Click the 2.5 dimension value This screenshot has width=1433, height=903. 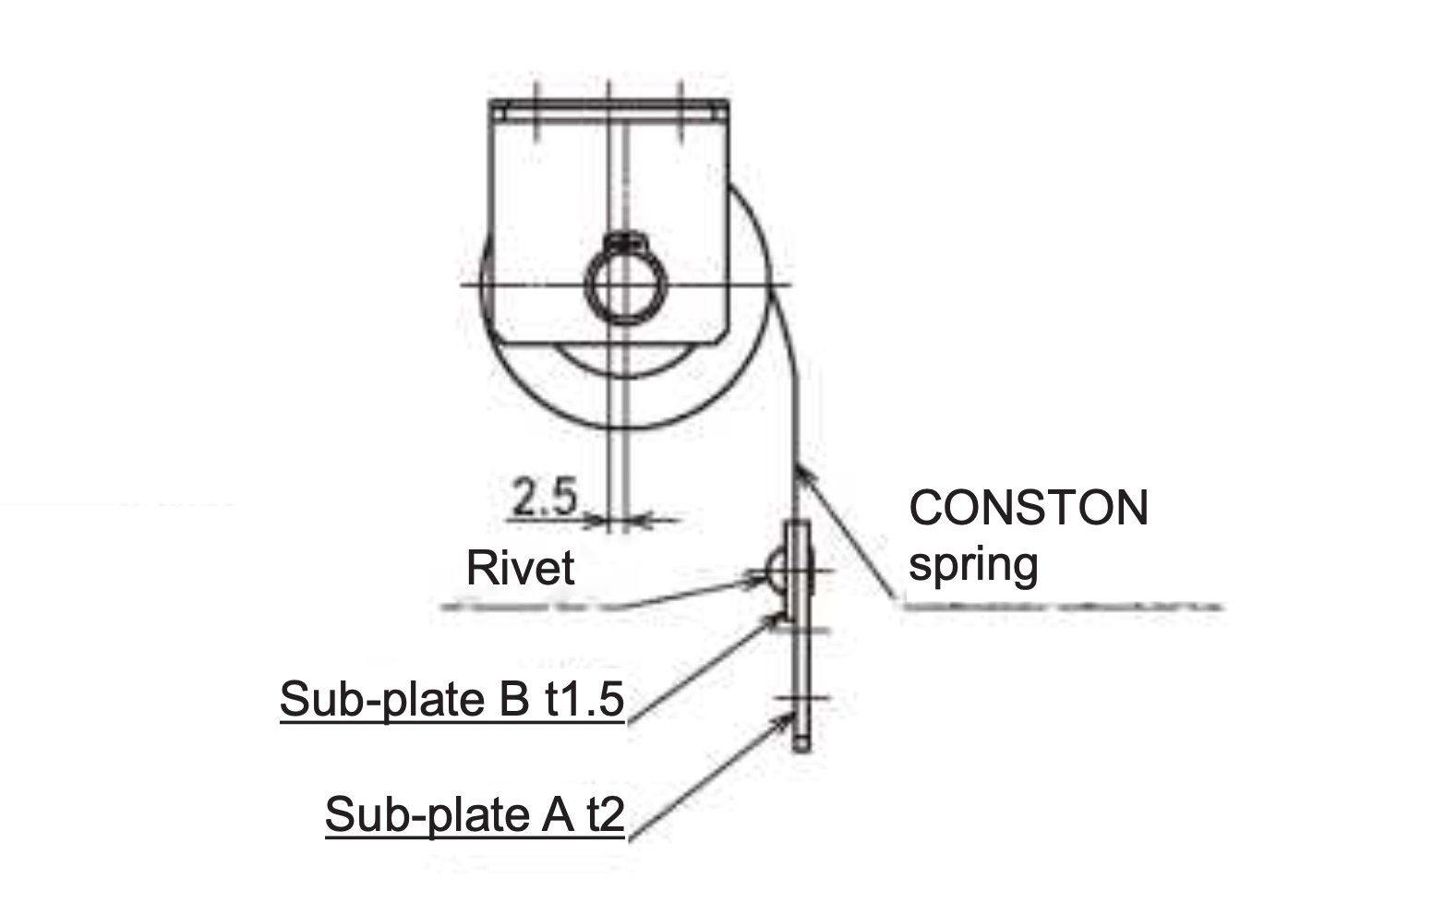point(544,498)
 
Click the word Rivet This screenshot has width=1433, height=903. point(520,567)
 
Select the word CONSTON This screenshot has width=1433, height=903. point(1029,508)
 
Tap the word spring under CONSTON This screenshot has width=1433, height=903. point(973,563)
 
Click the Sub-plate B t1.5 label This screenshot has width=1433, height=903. point(452,700)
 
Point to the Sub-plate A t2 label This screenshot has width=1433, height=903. point(475,814)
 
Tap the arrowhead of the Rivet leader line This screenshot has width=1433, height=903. point(759,580)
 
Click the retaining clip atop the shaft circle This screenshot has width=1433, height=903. point(626,244)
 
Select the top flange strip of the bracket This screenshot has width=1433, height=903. point(609,112)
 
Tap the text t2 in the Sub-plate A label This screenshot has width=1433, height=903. point(605,814)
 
